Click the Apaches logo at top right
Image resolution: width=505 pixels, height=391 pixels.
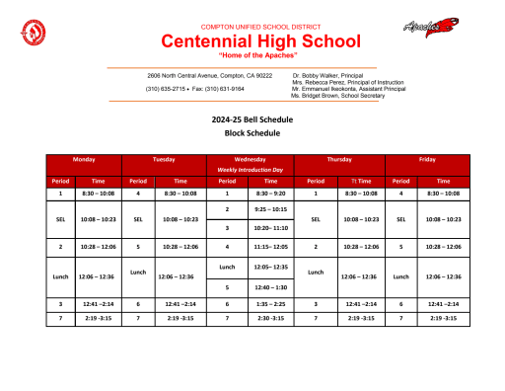(431, 27)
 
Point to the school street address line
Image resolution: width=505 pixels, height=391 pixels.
(209, 75)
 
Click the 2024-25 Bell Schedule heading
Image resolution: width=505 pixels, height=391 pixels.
(252, 118)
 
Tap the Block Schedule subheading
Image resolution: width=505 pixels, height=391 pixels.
(252, 132)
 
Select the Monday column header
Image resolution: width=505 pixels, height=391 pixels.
(84, 158)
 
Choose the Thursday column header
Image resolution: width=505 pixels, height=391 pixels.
(340, 158)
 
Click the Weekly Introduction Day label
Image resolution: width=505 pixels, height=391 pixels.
(250, 170)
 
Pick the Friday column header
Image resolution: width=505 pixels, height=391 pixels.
(428, 158)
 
